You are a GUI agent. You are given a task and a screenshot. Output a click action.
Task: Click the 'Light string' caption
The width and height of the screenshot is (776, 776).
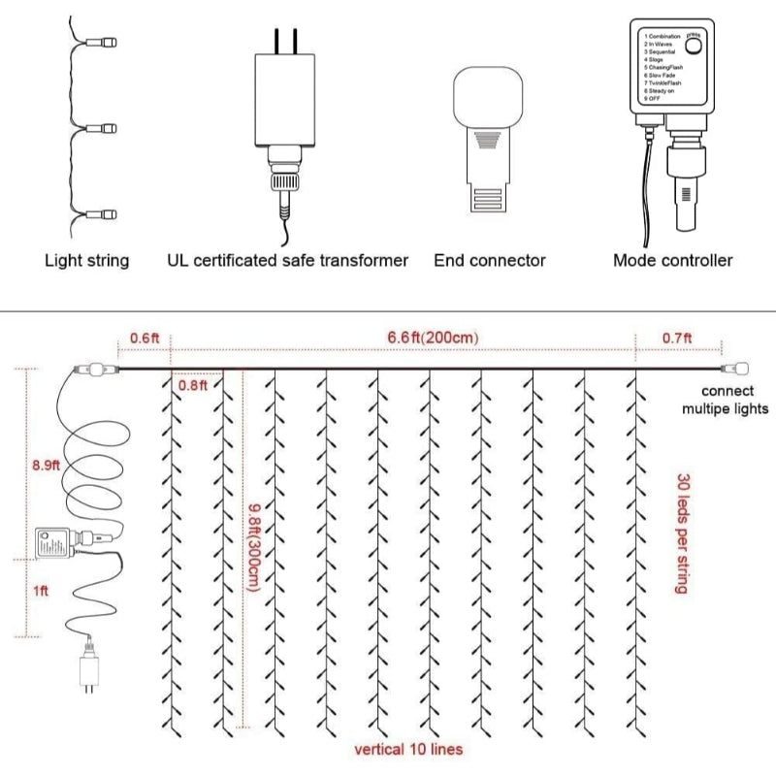click(x=86, y=260)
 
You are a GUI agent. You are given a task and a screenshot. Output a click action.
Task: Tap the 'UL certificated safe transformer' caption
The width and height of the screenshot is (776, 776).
click(x=287, y=260)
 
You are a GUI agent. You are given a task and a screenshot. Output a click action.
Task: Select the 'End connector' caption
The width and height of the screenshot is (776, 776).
click(x=489, y=260)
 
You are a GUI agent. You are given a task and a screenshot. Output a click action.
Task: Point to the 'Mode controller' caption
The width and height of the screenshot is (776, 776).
click(x=672, y=260)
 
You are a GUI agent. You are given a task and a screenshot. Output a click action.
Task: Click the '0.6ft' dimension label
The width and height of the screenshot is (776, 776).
click(x=144, y=338)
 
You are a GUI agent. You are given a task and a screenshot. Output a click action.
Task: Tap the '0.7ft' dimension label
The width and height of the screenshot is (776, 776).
click(x=678, y=338)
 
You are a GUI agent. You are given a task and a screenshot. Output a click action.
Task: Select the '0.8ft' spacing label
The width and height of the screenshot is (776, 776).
click(x=192, y=385)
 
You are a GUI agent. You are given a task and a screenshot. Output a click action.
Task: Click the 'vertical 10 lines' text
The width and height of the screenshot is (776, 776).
click(x=406, y=749)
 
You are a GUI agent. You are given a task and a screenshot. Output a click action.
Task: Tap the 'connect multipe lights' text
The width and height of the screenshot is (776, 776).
click(x=723, y=400)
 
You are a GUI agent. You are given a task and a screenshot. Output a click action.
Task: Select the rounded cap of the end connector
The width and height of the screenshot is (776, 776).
click(x=489, y=97)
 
